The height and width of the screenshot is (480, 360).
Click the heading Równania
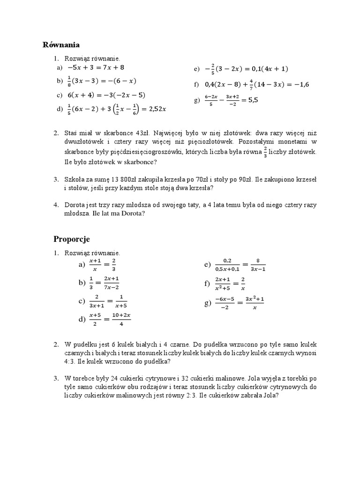click(x=61, y=45)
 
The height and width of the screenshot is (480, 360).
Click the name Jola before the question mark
click(x=271, y=395)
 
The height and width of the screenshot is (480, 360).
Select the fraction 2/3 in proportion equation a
click(x=114, y=265)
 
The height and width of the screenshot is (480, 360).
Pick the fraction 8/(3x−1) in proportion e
click(x=258, y=265)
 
